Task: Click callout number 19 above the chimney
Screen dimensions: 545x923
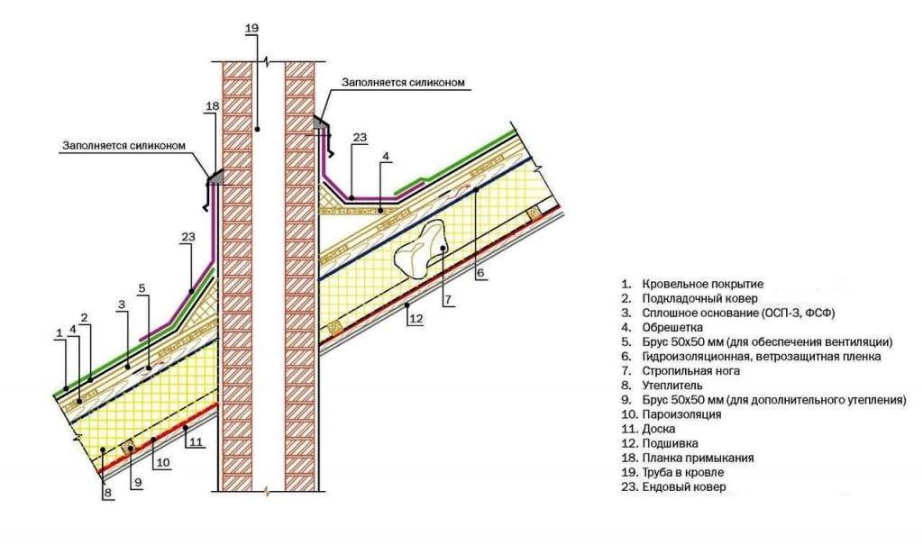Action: [251, 28]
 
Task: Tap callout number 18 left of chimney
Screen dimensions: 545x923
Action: [212, 106]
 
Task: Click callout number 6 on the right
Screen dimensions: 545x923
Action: [480, 271]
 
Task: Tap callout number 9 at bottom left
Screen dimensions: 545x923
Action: [138, 483]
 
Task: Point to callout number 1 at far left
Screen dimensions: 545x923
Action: [59, 332]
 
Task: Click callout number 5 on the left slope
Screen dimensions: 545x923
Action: [142, 288]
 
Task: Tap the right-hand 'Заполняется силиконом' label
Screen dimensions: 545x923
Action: [403, 82]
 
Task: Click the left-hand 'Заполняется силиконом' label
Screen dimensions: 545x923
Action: [123, 144]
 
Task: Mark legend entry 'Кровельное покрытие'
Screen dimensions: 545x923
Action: [703, 285]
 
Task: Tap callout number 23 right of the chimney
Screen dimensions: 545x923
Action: [361, 138]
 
